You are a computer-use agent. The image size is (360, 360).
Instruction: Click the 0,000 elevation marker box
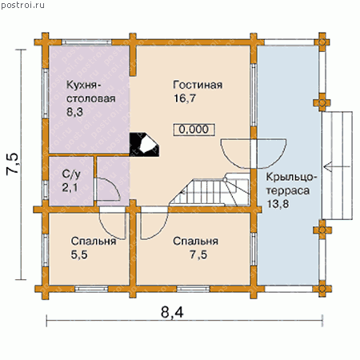pyautogui.click(x=194, y=130)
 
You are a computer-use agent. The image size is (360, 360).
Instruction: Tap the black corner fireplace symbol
pyautogui.click(x=144, y=144)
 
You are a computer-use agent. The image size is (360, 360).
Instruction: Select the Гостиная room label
pyautogui.click(x=198, y=85)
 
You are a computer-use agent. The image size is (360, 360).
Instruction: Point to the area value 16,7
pyautogui.click(x=185, y=98)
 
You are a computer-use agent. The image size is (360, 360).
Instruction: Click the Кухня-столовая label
pyautogui.click(x=91, y=92)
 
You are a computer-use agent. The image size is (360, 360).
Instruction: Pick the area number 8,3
pyautogui.click(x=75, y=112)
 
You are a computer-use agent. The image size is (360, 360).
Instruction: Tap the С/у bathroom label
pyautogui.click(x=71, y=174)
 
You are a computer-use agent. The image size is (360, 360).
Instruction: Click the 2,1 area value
pyautogui.click(x=70, y=187)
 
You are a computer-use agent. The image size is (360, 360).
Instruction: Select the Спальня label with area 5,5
pyautogui.click(x=94, y=241)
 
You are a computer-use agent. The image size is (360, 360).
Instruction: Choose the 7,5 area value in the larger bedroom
pyautogui.click(x=198, y=254)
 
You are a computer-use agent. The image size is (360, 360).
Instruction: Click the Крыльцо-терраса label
pyautogui.click(x=291, y=184)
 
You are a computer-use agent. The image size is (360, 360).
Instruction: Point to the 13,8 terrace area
pyautogui.click(x=278, y=204)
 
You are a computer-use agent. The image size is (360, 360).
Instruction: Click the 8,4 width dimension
pyautogui.click(x=172, y=312)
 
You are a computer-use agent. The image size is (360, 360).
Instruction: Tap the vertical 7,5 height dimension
pyautogui.click(x=13, y=164)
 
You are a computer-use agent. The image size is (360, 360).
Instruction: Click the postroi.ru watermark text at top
pyautogui.click(x=22, y=5)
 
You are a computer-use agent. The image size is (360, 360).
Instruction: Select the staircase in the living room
pyautogui.click(x=210, y=190)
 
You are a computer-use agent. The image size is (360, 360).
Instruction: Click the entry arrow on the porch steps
pyautogui.click(x=337, y=166)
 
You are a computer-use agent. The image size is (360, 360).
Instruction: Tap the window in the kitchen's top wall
pyautogui.click(x=86, y=42)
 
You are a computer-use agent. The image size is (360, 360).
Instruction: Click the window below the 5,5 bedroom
pyautogui.click(x=91, y=289)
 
